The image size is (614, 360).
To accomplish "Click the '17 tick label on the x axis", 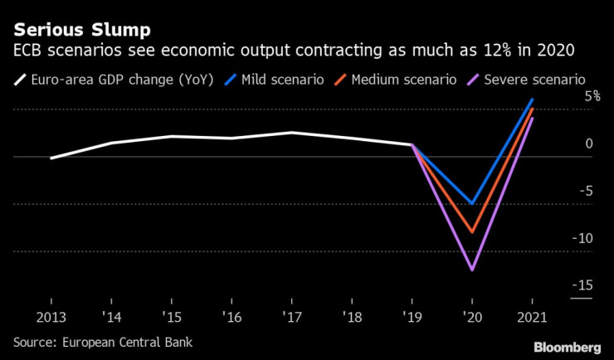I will (291, 317).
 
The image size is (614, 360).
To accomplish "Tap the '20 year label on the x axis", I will (472, 317).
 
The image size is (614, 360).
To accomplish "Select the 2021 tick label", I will (532, 317).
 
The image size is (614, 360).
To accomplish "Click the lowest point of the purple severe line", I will (472, 270).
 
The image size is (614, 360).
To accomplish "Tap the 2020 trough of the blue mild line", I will (472, 203).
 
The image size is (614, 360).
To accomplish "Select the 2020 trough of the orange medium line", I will (472, 232).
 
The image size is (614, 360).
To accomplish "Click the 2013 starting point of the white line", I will (51, 158).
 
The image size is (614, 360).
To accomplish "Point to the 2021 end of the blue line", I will (531, 100).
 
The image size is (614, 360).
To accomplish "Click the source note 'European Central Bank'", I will (125, 341).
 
